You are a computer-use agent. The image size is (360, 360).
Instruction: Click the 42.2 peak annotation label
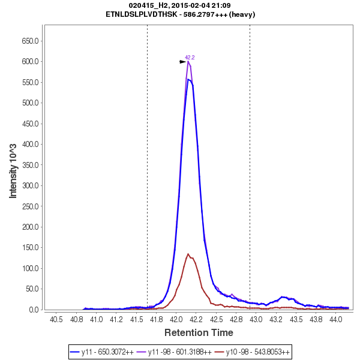click(190, 58)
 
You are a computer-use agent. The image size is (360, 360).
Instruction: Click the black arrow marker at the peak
click(182, 61)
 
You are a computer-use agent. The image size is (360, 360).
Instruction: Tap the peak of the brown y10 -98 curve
click(188, 254)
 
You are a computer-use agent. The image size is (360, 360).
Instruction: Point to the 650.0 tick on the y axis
click(31, 41)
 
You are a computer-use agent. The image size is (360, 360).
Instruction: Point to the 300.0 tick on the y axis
click(31, 185)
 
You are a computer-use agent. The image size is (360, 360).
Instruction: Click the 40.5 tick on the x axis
click(56, 319)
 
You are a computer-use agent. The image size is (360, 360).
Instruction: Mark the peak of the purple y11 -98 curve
click(188, 61)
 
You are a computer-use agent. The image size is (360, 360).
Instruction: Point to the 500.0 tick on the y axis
click(31, 103)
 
